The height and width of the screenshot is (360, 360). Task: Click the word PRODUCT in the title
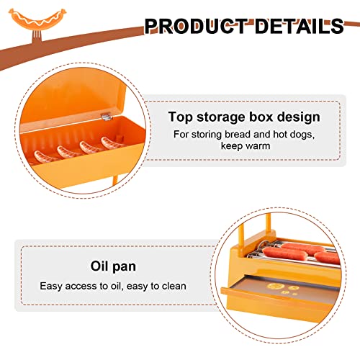196,26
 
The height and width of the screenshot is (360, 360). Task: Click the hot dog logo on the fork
37,19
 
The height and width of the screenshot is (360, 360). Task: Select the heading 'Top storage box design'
244,117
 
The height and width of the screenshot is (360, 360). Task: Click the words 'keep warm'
246,145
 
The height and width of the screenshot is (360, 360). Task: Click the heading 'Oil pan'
113,266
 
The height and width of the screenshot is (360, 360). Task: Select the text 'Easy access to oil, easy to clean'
113,286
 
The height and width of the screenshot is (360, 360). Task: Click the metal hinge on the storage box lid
107,117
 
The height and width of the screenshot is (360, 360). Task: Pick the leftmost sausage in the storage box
45,156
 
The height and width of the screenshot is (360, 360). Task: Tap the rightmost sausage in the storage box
112,143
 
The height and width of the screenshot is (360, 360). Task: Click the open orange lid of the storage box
72,101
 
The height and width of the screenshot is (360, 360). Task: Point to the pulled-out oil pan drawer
279,297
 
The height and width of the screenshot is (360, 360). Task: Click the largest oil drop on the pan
275,286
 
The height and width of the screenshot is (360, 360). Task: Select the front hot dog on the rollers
284,253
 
